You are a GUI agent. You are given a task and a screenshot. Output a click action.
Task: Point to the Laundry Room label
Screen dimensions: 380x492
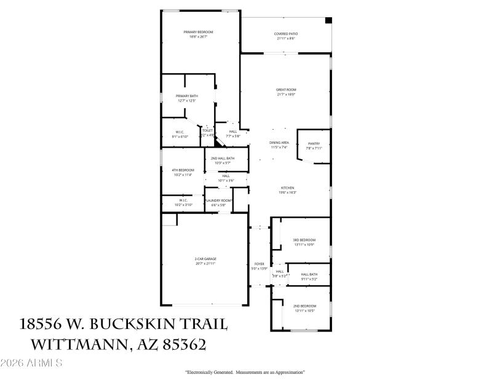click(x=218, y=201)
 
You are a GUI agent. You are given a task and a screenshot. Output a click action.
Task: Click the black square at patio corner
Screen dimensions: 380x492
click(x=328, y=20)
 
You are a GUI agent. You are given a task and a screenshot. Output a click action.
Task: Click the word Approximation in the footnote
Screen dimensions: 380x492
click(x=288, y=373)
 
